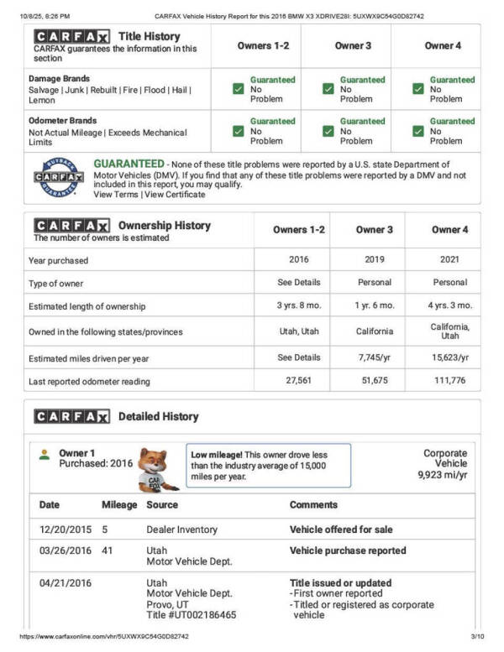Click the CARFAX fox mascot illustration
pos(157,469)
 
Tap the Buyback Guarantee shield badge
pos(58,176)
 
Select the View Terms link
pos(115,195)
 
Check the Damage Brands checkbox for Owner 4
pos(418,89)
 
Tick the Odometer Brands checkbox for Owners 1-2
pos(239,131)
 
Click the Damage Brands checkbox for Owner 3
pos(328,89)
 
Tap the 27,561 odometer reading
pos(292,381)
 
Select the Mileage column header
pos(119,505)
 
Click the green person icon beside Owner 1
pos(45,454)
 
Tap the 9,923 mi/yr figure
pos(443,475)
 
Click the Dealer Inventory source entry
pos(181,529)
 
